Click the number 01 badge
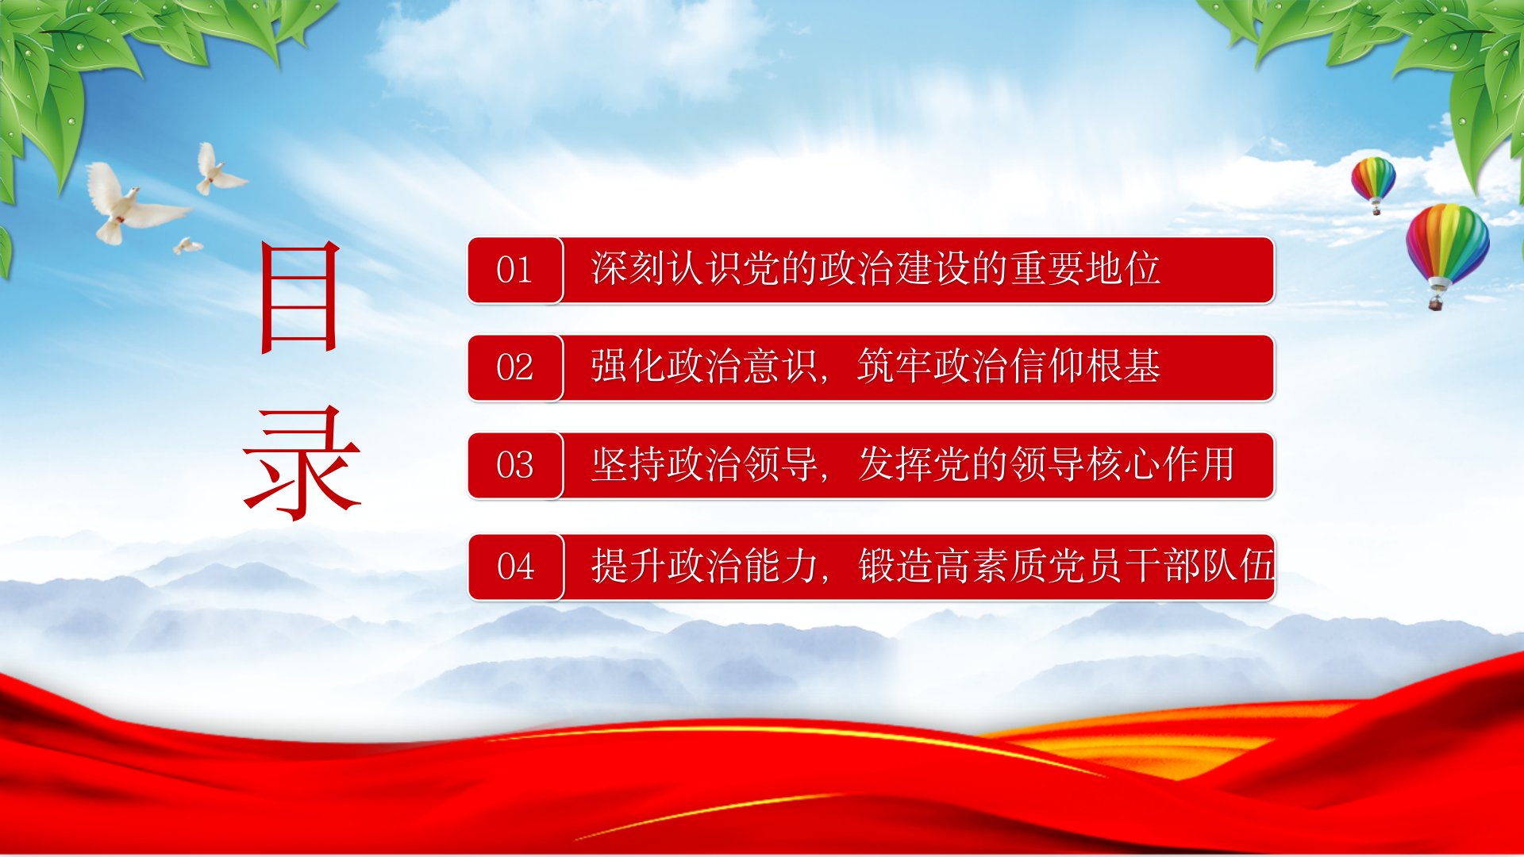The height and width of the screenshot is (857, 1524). pyautogui.click(x=515, y=270)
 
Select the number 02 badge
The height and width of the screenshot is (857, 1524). pyautogui.click(x=515, y=367)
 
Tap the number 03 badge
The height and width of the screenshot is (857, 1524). pyautogui.click(x=515, y=465)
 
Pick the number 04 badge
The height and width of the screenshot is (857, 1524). pyautogui.click(x=516, y=567)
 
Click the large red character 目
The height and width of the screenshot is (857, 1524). pyautogui.click(x=301, y=297)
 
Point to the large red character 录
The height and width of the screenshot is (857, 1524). pyautogui.click(x=302, y=463)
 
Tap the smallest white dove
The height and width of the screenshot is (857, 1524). pyautogui.click(x=187, y=246)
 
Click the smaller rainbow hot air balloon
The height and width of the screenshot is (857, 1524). pyautogui.click(x=1374, y=183)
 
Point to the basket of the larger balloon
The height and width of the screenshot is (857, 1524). pyautogui.click(x=1435, y=302)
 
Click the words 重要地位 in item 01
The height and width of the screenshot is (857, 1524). pyautogui.click(x=1085, y=268)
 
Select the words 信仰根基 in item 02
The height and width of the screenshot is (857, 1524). pyautogui.click(x=1085, y=366)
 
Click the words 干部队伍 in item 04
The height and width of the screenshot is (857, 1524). pyautogui.click(x=1199, y=566)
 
